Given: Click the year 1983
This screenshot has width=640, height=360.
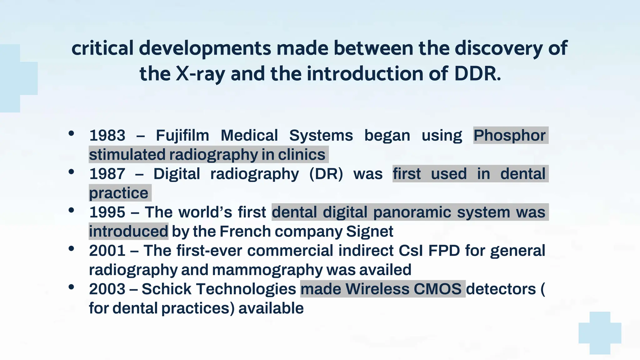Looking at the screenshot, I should pos(107,136).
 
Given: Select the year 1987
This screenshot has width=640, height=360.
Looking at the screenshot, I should pos(107,174).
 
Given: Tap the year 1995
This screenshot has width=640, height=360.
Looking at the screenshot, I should pos(107,212).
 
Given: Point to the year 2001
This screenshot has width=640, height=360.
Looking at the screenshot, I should pos(107,251).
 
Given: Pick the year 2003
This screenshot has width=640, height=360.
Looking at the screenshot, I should pos(107,289).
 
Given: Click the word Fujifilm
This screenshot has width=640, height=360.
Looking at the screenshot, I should pos(182,136).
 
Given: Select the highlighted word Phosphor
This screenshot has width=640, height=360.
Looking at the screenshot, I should pos(510,136).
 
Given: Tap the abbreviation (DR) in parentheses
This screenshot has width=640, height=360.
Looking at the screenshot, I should pos(326,174).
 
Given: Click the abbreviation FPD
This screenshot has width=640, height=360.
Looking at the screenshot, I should pos(444,251).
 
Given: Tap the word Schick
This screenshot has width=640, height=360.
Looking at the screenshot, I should pos(167,289).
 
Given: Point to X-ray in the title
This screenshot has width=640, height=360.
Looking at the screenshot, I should pos(200,74).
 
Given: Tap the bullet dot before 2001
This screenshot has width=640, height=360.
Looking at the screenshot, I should pos(71,249).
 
